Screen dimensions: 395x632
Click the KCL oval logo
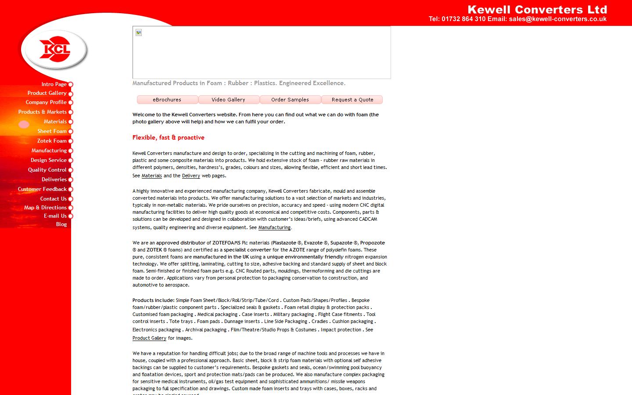(x=54, y=49)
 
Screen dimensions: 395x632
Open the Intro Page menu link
(x=54, y=84)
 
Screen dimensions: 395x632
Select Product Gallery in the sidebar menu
(x=47, y=93)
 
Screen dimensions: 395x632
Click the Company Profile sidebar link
(x=46, y=102)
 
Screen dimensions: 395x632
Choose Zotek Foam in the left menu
(x=52, y=141)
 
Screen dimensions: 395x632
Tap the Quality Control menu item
(x=47, y=170)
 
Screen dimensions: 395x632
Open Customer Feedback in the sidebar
(x=42, y=189)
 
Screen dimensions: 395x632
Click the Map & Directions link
(x=45, y=208)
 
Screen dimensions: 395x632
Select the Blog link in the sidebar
(x=61, y=224)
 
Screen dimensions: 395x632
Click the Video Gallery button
(x=229, y=100)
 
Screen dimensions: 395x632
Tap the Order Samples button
(x=290, y=100)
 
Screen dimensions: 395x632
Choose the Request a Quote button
(x=352, y=100)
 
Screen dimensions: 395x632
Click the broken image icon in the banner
(x=139, y=32)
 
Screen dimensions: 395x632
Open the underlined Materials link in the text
(x=152, y=176)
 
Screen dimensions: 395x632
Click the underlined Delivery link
(x=191, y=176)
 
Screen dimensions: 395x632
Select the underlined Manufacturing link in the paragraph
(x=274, y=227)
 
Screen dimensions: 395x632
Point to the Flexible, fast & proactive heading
(x=169, y=137)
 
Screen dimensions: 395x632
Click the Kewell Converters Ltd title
(x=537, y=10)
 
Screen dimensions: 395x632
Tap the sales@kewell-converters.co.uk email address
(x=558, y=19)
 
